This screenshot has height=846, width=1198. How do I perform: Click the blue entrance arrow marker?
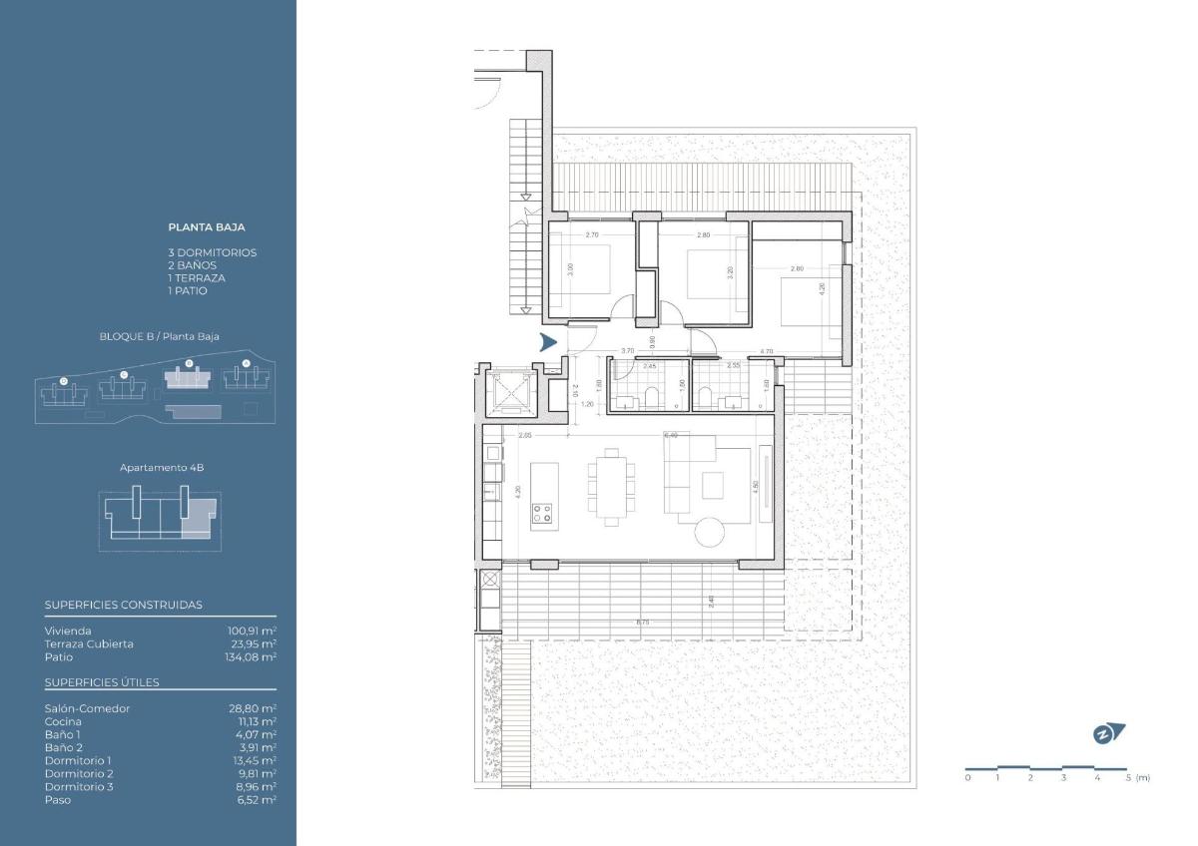click(x=547, y=344)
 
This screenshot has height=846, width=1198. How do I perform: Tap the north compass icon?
click(x=1108, y=733)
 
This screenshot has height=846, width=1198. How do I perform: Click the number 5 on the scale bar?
click(x=1129, y=777)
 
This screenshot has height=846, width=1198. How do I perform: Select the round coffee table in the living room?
click(x=715, y=532)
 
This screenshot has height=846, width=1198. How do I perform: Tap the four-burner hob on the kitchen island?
click(x=543, y=514)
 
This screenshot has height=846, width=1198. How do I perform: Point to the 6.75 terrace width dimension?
click(x=642, y=622)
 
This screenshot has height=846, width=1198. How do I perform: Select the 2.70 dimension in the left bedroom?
click(x=591, y=235)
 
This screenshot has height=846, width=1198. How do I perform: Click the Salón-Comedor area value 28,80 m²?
click(x=252, y=708)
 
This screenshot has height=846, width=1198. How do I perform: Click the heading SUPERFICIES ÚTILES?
click(x=102, y=682)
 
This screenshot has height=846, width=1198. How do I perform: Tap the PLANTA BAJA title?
click(x=207, y=227)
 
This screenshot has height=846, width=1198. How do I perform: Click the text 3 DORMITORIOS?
click(x=213, y=252)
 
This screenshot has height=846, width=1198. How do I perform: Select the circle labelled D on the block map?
click(x=64, y=380)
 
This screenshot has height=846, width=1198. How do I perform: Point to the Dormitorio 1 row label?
click(x=79, y=760)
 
